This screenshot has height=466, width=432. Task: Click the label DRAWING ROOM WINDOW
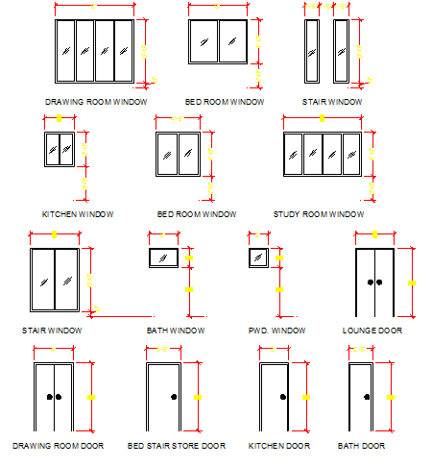tap(95, 101)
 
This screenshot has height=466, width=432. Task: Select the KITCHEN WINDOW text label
tap(78, 214)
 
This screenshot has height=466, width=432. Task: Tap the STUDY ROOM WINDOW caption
tap(319, 214)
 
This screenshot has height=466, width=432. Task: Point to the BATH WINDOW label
tap(175, 331)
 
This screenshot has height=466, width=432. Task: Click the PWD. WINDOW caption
tap(276, 331)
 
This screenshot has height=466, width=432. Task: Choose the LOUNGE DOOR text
tap(372, 331)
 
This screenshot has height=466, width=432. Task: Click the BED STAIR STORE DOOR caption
tap(176, 446)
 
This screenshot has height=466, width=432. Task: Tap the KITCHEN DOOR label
tap(278, 446)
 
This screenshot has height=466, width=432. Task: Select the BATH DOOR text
tap(361, 446)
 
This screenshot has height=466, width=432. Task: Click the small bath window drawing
tap(162, 258)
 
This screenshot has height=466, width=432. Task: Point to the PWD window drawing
tap(257, 258)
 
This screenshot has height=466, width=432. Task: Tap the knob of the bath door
tap(366, 397)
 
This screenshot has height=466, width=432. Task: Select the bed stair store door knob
tap(173, 397)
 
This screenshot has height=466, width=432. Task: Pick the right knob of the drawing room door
tap(59, 397)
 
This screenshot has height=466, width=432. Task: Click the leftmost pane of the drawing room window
tap(66, 51)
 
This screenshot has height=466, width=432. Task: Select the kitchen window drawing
tap(60, 150)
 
